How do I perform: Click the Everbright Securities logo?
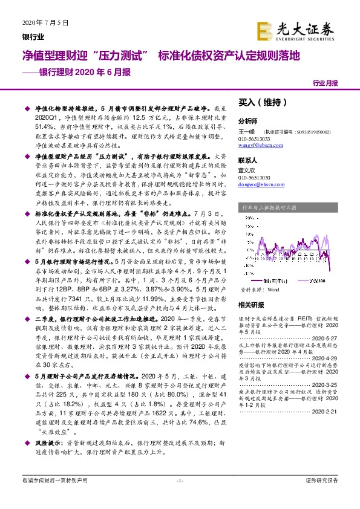299,31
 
